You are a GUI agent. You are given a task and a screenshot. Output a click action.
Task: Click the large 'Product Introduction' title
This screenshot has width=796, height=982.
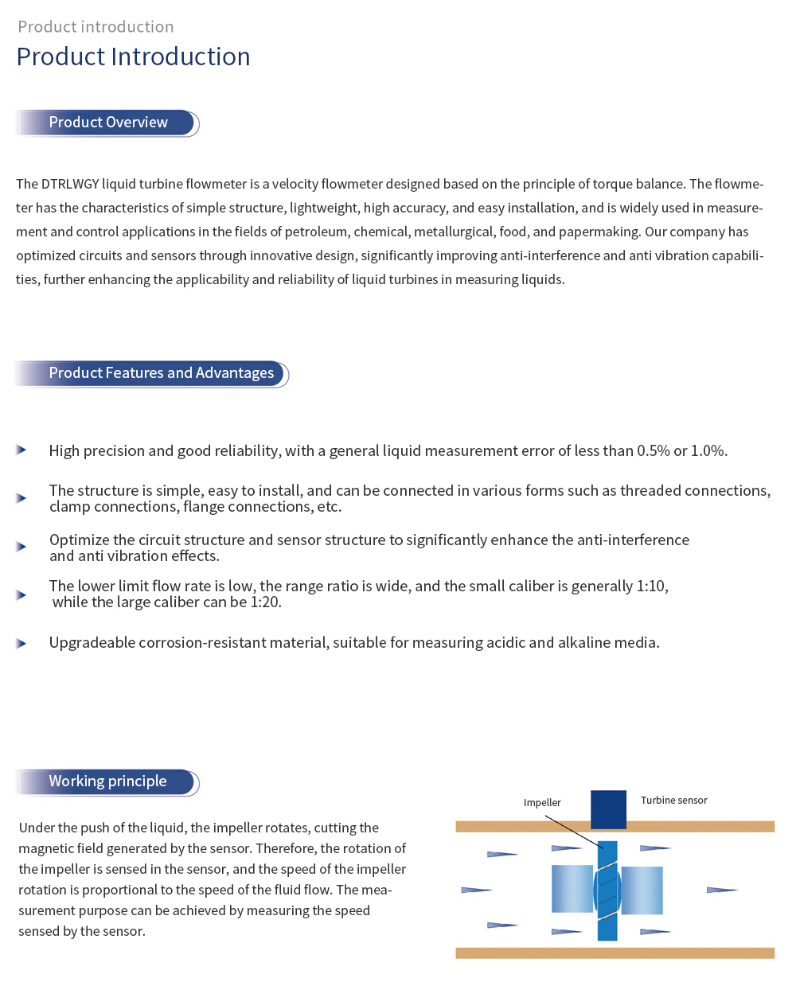133,57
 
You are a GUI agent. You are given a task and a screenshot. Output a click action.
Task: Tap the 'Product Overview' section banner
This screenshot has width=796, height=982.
108,123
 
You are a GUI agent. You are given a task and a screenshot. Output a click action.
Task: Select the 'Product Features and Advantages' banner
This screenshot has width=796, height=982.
161,373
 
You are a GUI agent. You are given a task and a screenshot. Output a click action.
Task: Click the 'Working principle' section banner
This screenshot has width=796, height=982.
107,781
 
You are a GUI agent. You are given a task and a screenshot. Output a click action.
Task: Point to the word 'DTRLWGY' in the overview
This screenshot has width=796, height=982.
70,184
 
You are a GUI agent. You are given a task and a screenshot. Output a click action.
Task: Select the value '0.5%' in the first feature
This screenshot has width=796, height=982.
654,451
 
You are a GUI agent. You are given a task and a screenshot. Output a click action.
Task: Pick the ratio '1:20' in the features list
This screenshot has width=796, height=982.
265,602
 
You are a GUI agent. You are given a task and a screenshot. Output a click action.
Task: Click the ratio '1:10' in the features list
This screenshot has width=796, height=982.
652,586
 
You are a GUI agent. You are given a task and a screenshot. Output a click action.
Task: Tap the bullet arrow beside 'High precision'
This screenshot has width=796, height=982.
21,450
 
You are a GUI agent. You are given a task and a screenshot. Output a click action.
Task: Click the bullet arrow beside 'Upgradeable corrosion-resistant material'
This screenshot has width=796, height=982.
21,643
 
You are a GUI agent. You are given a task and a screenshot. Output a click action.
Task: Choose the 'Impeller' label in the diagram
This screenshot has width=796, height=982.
542,803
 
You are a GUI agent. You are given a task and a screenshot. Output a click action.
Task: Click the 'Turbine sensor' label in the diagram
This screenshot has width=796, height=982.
673,801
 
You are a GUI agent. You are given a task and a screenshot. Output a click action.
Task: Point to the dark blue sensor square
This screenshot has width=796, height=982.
608,809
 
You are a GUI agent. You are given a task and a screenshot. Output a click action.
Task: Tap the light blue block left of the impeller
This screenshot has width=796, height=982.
572,889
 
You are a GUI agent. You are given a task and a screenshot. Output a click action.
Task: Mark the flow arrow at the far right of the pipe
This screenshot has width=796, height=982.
722,890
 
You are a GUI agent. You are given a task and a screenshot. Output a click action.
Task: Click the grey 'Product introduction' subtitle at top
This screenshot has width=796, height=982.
96,27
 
